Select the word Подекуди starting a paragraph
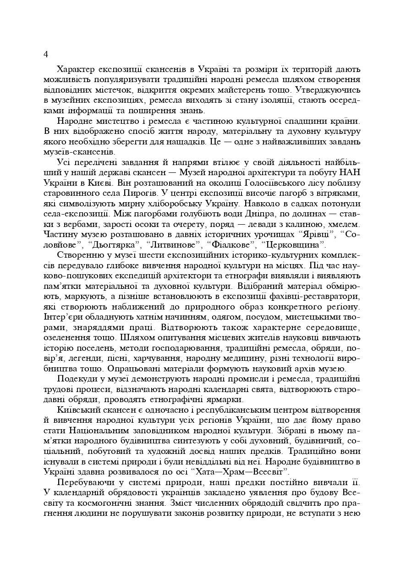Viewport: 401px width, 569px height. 77,379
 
